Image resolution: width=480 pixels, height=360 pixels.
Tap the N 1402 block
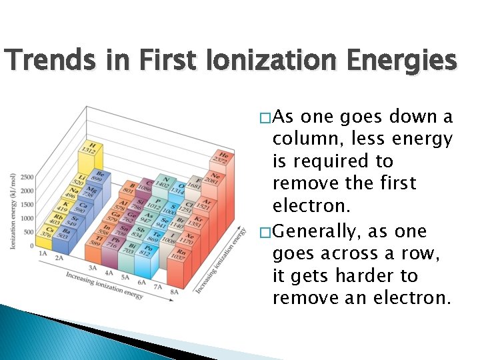click(161, 181)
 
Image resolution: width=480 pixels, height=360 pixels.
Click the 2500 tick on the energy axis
click(27, 177)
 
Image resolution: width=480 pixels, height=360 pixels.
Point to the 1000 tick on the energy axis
click(27, 218)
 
